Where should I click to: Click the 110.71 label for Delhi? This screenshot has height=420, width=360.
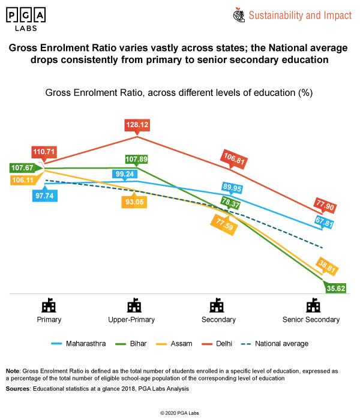[x=44, y=152]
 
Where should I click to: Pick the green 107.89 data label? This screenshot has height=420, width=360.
[x=137, y=159]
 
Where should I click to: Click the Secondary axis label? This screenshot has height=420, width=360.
[x=218, y=320]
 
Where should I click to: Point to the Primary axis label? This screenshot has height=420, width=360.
[x=49, y=320]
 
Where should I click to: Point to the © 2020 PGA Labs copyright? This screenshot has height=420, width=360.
[x=180, y=413]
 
